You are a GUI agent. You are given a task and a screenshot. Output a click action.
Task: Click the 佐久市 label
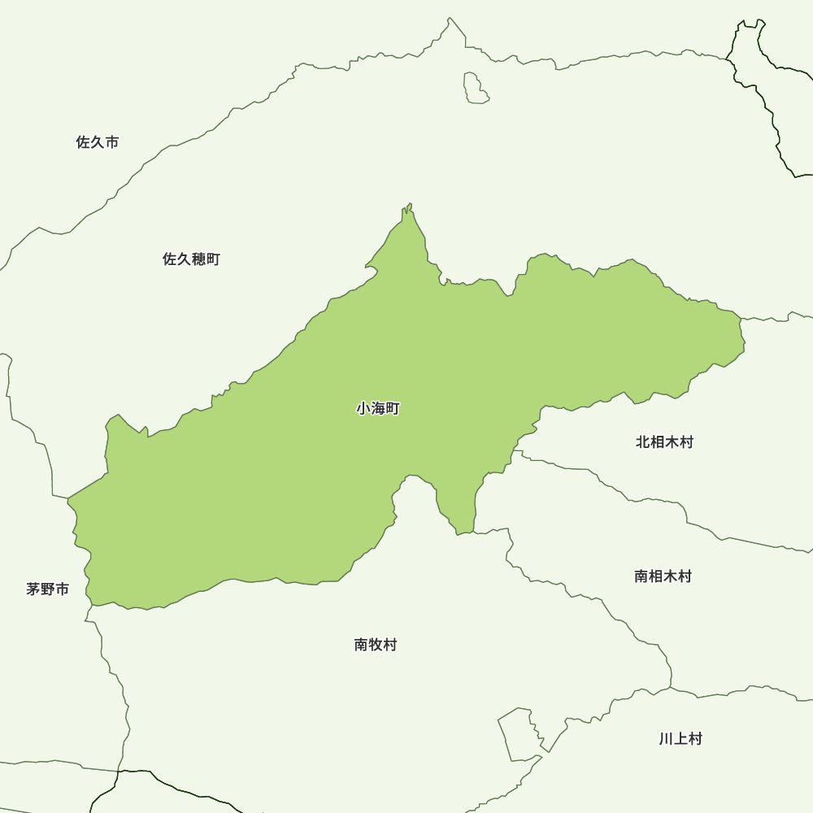pyautogui.click(x=98, y=142)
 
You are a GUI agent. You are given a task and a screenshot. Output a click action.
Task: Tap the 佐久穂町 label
pyautogui.click(x=191, y=259)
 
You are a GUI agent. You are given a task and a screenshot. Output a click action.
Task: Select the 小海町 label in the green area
pyautogui.click(x=378, y=409)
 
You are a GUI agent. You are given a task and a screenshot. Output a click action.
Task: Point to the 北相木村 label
pyautogui.click(x=664, y=442)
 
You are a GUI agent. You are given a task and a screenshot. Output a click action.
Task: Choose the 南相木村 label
pyautogui.click(x=663, y=576)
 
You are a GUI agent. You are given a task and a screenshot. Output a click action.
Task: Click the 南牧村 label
pyautogui.click(x=376, y=645)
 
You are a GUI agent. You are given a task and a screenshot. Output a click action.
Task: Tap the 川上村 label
pyautogui.click(x=680, y=739)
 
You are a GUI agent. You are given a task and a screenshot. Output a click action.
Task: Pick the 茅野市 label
pyautogui.click(x=48, y=589)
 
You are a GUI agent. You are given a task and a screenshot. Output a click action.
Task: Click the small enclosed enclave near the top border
pyautogui.click(x=476, y=88)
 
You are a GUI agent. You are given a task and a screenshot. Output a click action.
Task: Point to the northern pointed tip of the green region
pyautogui.click(x=408, y=209)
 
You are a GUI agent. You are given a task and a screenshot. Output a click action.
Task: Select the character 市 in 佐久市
pyautogui.click(x=112, y=142)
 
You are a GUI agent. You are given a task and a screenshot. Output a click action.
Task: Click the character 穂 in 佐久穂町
pyautogui.click(x=198, y=259)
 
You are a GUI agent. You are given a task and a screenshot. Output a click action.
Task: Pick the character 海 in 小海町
pyautogui.click(x=378, y=409)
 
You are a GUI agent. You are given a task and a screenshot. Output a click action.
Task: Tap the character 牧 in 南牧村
pyautogui.click(x=376, y=645)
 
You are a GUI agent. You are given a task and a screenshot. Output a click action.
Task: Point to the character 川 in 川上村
pyautogui.click(x=666, y=739)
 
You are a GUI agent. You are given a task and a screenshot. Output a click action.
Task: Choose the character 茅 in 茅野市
pyautogui.click(x=33, y=589)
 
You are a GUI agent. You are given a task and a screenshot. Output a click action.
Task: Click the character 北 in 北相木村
pyautogui.click(x=643, y=442)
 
